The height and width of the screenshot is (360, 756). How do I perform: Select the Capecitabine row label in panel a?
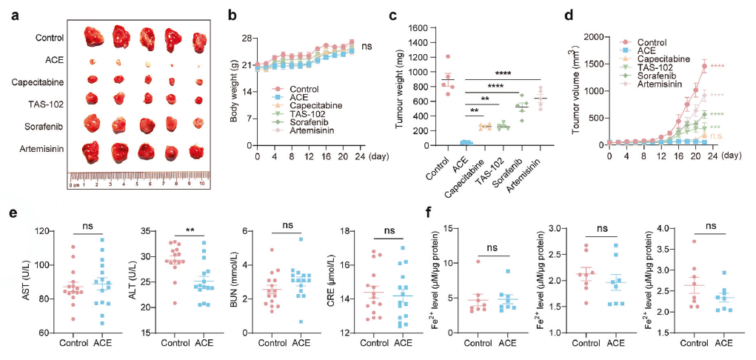pos(36,79)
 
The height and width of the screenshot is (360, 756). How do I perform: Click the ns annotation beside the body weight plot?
pos(367,47)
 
